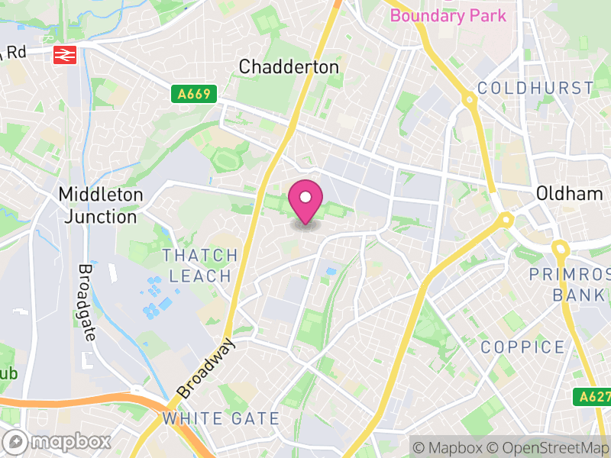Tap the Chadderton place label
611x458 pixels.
click(289, 67)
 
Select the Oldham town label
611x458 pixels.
click(569, 194)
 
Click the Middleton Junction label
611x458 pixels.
click(101, 205)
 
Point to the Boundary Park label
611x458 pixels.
click(448, 15)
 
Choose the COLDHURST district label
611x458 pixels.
click(535, 89)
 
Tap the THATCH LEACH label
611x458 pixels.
click(199, 265)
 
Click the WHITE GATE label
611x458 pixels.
click(221, 418)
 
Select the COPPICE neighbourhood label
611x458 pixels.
click(523, 348)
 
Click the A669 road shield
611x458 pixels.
click(194, 95)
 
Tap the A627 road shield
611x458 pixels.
click(590, 397)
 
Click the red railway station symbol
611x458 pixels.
click(63, 53)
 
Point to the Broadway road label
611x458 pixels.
click(206, 369)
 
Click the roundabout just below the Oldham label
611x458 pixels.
click(505, 221)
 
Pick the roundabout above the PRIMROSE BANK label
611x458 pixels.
click(561, 248)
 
